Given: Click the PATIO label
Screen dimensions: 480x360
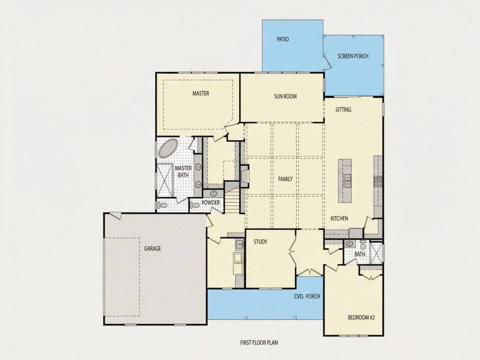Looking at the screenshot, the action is pyautogui.click(x=283, y=39).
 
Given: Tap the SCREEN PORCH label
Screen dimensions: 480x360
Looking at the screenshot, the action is pyautogui.click(x=353, y=56).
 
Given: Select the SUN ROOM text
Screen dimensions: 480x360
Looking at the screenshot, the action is pyautogui.click(x=285, y=96).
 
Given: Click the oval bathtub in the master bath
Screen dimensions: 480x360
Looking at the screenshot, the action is pyautogui.click(x=168, y=148).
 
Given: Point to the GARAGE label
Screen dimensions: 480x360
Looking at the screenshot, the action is pyautogui.click(x=152, y=249).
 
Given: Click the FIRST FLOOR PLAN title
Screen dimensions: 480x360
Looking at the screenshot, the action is pyautogui.click(x=259, y=343).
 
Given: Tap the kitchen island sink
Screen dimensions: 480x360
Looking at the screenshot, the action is pyautogui.click(x=348, y=181).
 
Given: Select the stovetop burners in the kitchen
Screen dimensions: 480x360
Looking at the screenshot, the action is pyautogui.click(x=378, y=181).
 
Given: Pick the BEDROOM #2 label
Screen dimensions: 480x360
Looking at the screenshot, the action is pyautogui.click(x=361, y=317).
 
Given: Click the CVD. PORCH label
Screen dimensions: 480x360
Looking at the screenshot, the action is pyautogui.click(x=307, y=296).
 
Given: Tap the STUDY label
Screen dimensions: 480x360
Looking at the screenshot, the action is pyautogui.click(x=261, y=242).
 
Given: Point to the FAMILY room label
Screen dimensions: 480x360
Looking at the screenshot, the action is pyautogui.click(x=285, y=179).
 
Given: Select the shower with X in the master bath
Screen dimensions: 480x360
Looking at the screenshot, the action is pyautogui.click(x=165, y=181).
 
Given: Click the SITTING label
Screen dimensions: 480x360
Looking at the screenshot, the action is pyautogui.click(x=343, y=110).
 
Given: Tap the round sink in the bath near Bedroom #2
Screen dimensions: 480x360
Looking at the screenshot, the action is pyautogui.click(x=349, y=243).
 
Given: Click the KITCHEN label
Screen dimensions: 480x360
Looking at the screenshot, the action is pyautogui.click(x=339, y=219).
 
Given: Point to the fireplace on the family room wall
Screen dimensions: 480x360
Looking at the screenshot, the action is pyautogui.click(x=245, y=175).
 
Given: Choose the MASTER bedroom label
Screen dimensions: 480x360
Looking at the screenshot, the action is pyautogui.click(x=201, y=93).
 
